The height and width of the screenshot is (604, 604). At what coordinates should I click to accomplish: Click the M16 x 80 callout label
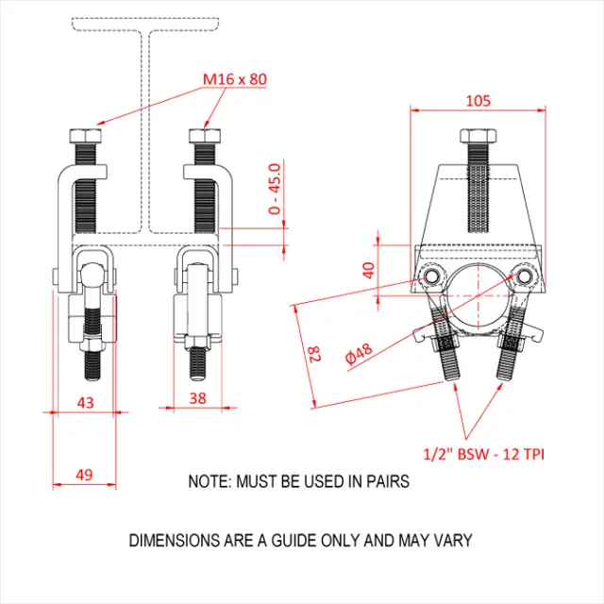click(x=233, y=78)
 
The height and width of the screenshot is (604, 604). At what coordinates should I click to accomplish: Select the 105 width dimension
click(x=478, y=100)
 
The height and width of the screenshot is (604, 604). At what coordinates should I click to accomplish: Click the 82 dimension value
click(x=314, y=355)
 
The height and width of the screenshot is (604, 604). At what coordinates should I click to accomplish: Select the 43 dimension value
click(x=85, y=401)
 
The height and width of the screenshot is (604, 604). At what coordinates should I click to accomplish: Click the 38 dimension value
click(x=197, y=398)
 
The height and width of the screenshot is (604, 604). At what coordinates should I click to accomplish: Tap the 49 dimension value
click(x=83, y=475)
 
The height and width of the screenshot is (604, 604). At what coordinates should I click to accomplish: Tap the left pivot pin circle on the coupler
click(x=432, y=275)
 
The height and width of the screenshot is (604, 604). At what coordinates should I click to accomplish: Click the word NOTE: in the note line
click(x=210, y=481)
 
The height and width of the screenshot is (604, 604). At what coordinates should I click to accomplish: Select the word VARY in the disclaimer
click(x=452, y=542)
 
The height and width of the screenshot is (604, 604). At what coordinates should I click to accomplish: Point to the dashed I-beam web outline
click(x=146, y=132)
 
